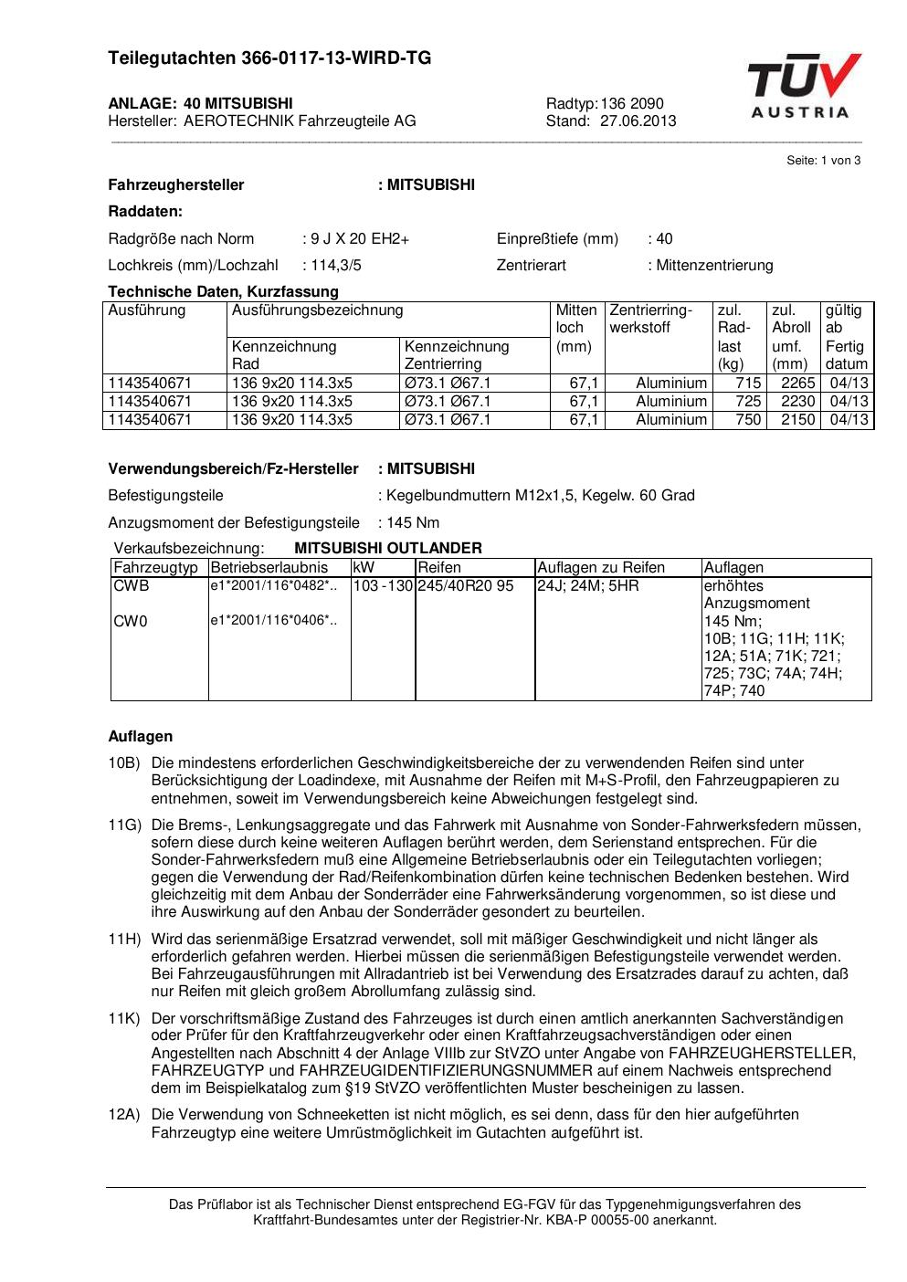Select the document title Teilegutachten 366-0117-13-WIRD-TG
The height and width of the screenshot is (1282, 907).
click(269, 58)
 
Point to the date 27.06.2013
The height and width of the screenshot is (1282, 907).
click(638, 121)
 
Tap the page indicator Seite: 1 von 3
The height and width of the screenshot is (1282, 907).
click(823, 161)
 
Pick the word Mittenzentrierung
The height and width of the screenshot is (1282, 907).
click(714, 266)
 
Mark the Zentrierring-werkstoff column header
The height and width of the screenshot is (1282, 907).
click(650, 319)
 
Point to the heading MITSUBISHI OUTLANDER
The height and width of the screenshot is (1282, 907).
click(388, 548)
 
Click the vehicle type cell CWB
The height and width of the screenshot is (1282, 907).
click(131, 586)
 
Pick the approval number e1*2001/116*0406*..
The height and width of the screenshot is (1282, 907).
click(273, 622)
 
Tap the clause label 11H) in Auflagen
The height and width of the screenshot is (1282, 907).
click(124, 939)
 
